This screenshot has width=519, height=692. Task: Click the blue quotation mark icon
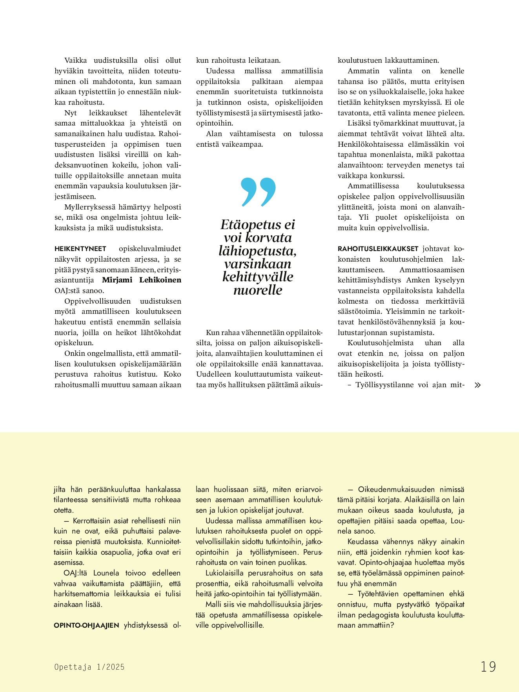(x=258, y=192)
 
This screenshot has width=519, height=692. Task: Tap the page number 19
(x=488, y=667)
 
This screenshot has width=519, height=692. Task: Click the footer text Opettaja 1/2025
(x=89, y=667)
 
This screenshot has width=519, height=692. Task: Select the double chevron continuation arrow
(x=477, y=385)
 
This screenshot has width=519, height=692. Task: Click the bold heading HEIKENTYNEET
(x=80, y=249)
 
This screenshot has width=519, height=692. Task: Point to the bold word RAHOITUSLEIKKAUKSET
(x=378, y=249)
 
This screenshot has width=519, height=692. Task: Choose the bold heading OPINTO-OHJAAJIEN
(x=86, y=625)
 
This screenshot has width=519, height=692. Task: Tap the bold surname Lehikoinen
(x=160, y=280)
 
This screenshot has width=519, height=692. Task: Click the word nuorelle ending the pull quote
(x=258, y=290)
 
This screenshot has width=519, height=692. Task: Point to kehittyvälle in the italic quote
(x=258, y=277)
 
